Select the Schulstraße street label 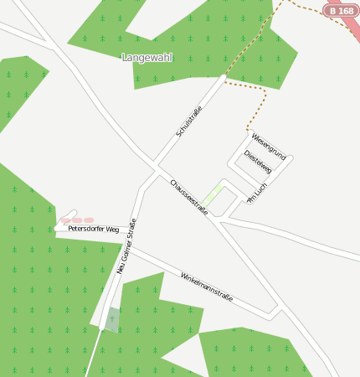190,121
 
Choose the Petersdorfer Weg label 93,228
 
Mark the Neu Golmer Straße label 126,245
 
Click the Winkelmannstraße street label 206,287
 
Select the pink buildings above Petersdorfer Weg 76,220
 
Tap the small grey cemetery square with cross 112,319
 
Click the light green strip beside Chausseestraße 213,194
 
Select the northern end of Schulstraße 224,77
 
